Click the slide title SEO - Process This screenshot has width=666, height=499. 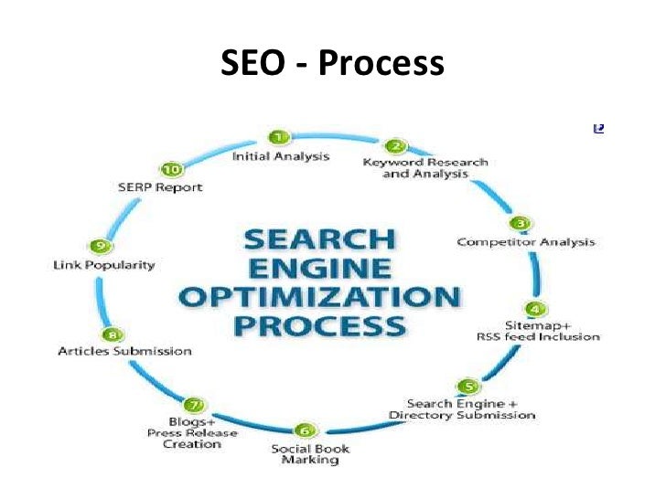[x=332, y=65]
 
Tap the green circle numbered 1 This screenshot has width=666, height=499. [x=280, y=137]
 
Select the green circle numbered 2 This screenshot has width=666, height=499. [x=395, y=145]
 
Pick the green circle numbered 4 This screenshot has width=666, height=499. [x=537, y=310]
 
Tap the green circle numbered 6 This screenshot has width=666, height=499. [x=306, y=430]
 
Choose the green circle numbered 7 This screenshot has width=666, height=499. [x=193, y=405]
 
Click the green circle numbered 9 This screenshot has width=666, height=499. [x=102, y=246]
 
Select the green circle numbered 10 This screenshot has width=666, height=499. [x=170, y=169]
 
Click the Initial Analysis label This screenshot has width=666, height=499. [x=280, y=156]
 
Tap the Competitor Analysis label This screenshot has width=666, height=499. [x=526, y=242]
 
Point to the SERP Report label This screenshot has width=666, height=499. [x=160, y=186]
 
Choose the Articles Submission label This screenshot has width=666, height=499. [x=124, y=351]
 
